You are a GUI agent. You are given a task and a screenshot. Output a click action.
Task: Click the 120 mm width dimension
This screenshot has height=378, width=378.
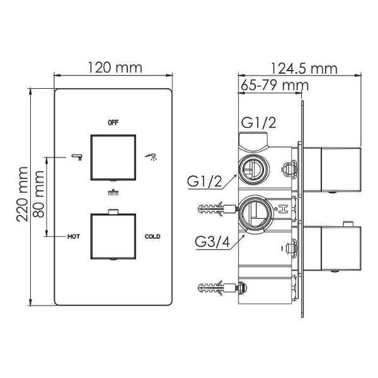115,68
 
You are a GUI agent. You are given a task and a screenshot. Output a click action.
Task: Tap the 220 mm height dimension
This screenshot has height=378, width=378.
22,194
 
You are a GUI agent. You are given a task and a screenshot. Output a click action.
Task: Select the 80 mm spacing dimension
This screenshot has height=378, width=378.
38,194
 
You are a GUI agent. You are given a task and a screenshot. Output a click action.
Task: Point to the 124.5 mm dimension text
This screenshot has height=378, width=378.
304,69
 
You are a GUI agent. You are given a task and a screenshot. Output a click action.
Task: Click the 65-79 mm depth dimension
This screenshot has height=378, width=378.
275,85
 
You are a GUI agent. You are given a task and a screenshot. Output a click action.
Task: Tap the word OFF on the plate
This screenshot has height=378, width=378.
113,123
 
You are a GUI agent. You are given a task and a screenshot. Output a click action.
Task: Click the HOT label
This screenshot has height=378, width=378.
74,236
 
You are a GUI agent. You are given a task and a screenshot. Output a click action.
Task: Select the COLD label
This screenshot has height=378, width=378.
152,236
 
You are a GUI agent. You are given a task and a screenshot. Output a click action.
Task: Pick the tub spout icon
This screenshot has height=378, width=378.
77,157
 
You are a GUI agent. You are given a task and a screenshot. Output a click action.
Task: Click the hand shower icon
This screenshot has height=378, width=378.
151,156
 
